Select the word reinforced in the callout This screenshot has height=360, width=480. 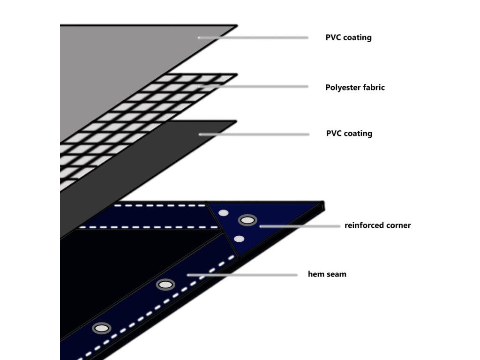tap(364, 225)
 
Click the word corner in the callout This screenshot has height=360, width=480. tap(397, 225)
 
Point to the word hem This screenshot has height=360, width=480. tap(315, 274)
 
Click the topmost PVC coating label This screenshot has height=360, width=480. tap(348, 37)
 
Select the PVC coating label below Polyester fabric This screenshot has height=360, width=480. tap(349, 134)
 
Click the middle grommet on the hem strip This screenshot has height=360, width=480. tap(165, 284)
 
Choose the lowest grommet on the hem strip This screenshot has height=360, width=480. tap(101, 328)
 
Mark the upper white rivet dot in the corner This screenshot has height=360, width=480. tap(224, 213)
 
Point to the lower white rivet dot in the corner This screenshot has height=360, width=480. tap(239, 239)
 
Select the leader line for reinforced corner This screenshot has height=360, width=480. tap(300, 226)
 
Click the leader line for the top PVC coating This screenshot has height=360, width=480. tap(253, 37)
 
